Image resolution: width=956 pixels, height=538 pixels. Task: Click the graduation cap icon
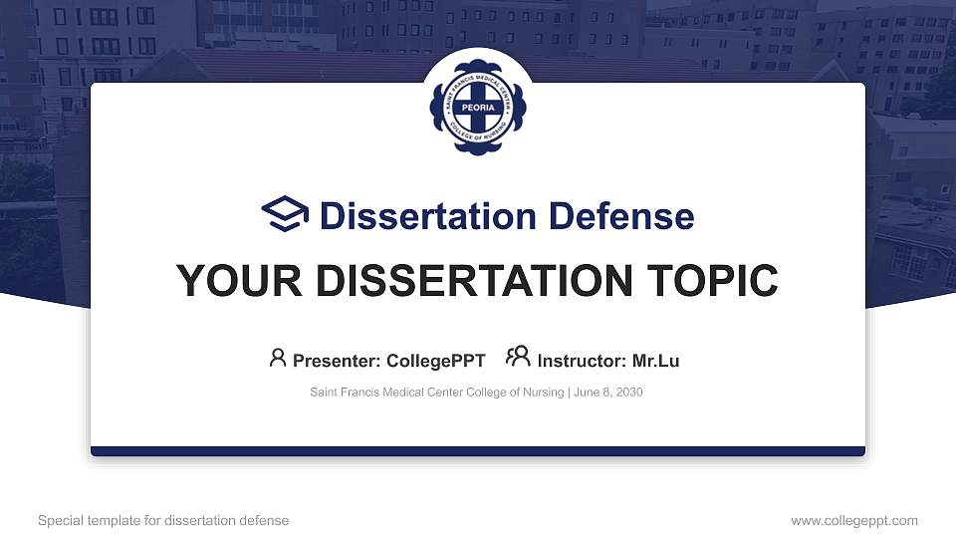pyautogui.click(x=284, y=214)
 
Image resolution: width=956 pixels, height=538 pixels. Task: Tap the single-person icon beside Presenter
pyautogui.click(x=278, y=358)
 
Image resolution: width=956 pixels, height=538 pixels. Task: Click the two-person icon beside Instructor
pyautogui.click(x=518, y=358)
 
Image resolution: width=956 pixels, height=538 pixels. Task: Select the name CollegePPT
pyautogui.click(x=437, y=361)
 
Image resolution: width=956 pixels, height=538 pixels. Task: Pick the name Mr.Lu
pyautogui.click(x=656, y=361)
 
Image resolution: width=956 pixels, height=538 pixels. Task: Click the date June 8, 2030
pyautogui.click(x=608, y=393)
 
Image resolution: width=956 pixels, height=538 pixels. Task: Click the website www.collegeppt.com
pyautogui.click(x=854, y=520)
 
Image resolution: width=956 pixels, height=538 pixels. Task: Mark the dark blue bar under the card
pyautogui.click(x=478, y=451)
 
